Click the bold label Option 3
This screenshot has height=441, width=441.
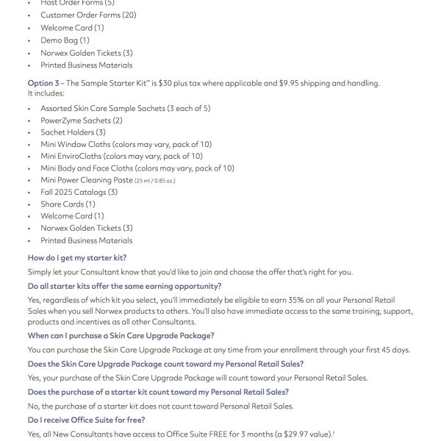tap(45, 83)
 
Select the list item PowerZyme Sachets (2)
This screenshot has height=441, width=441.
tap(82, 121)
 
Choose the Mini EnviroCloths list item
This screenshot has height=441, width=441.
tap(121, 156)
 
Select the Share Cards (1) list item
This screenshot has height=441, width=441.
tap(68, 204)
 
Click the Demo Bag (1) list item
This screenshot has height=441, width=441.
tap(65, 40)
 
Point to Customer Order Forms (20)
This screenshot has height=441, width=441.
tap(89, 15)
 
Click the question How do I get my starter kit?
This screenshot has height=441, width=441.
tap(77, 258)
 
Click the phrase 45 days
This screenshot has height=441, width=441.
tap(394, 349)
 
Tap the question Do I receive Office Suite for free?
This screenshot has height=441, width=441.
tap(86, 420)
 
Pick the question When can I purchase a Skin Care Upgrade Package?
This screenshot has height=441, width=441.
tap(121, 335)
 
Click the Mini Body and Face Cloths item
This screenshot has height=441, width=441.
tap(137, 168)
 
